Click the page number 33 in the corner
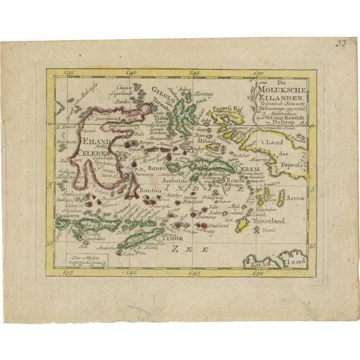pos(343,45)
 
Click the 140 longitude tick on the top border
pos(132,74)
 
